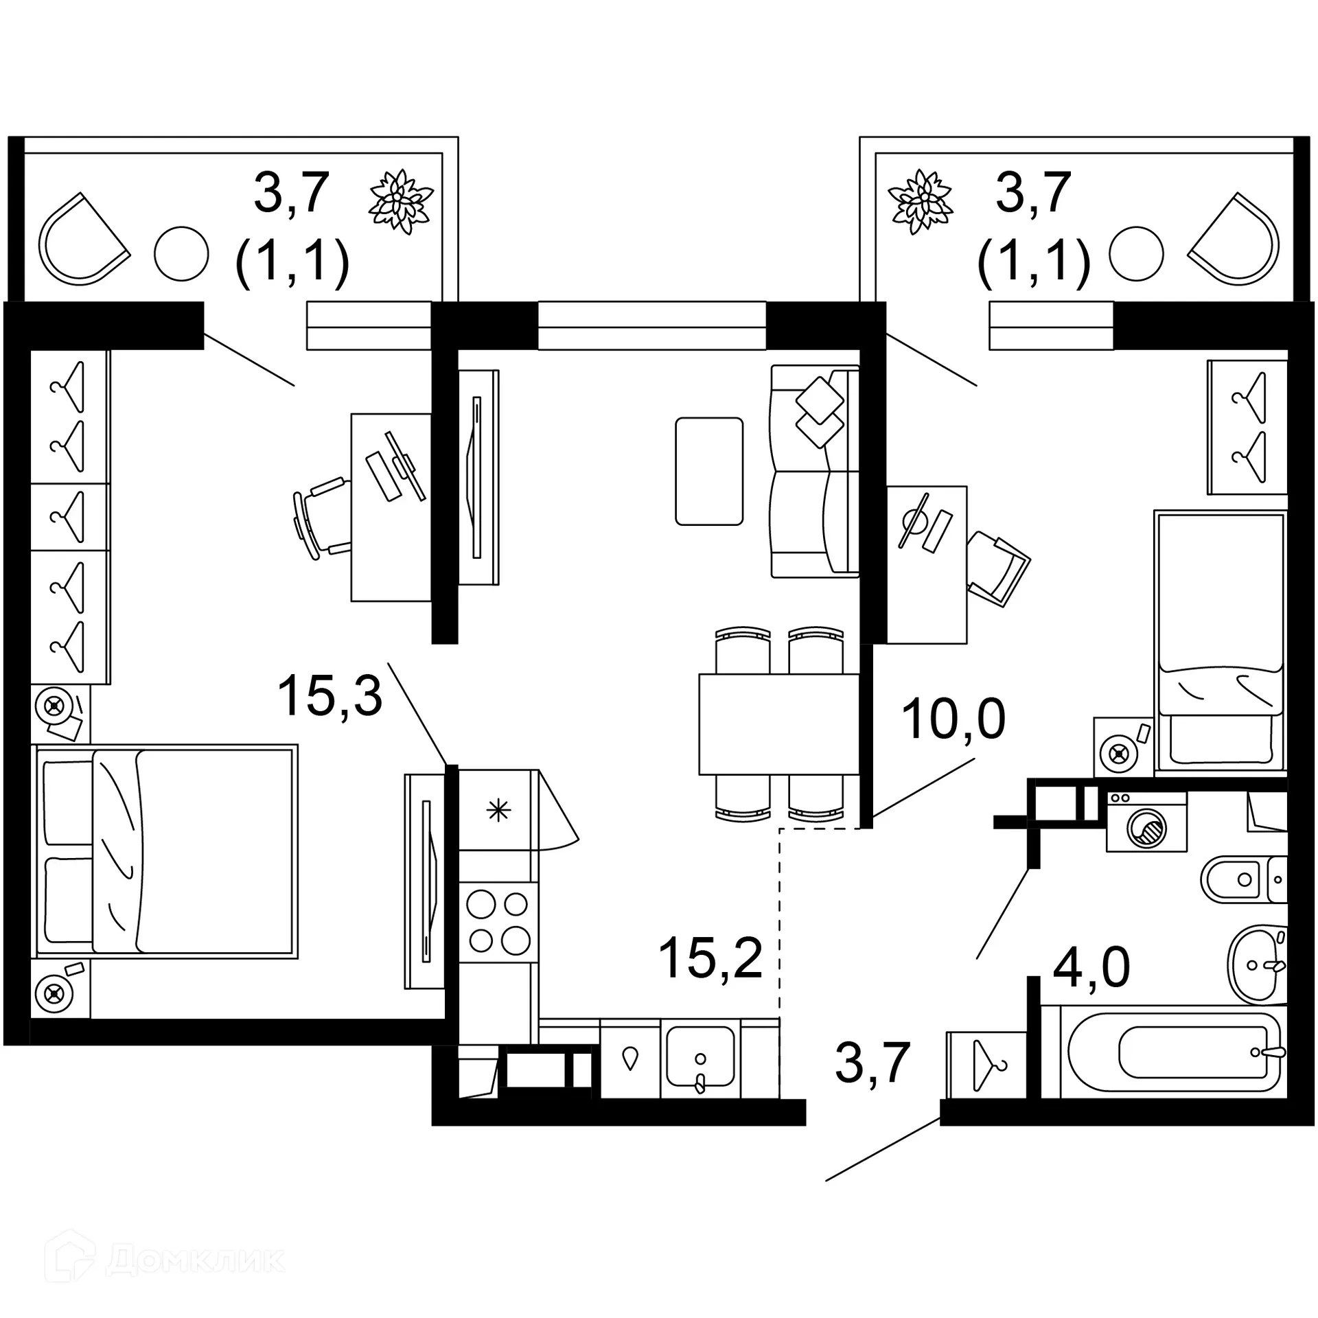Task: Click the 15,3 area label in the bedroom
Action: pos(329,695)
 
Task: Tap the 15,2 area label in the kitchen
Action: pos(710,958)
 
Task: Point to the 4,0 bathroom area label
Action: pos(1091,967)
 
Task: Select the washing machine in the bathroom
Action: pos(1146,822)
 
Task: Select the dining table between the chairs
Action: pos(779,724)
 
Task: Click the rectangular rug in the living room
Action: pos(709,472)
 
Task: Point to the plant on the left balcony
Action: pos(401,201)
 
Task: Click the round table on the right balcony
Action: pos(1136,254)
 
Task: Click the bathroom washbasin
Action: pos(1253,964)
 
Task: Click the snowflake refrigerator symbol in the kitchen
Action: pos(498,810)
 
